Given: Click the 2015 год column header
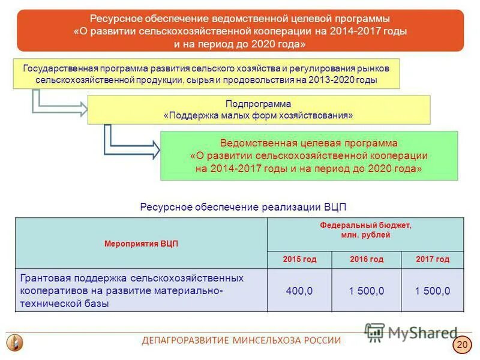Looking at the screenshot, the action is tap(299, 259).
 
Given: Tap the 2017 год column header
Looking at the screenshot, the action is tap(432, 259).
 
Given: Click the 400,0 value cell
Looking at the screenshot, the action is tap(299, 290).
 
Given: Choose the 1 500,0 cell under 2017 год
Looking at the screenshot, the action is tap(432, 290).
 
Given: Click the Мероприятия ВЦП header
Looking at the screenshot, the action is tap(141, 244).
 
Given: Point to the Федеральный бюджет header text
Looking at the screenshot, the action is tap(365, 226).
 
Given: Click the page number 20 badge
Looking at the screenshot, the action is tap(461, 344).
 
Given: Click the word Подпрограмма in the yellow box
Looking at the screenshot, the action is tap(259, 104).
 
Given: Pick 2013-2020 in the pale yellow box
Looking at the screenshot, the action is tap(329, 80).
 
